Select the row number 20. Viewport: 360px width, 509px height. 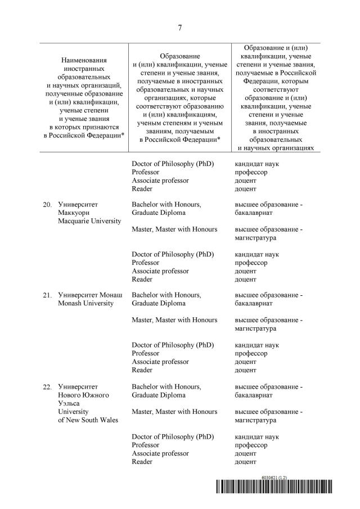click(47, 205)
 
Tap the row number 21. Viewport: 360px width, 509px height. click(47, 295)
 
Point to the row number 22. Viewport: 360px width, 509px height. click(47, 387)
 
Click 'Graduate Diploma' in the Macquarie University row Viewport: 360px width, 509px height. click(159, 213)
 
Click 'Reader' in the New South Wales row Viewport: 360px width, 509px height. click(142, 462)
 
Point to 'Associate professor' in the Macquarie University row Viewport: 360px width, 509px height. click(160, 271)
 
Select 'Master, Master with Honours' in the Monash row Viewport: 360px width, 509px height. click(174, 320)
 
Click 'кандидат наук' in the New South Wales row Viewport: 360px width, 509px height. click(257, 437)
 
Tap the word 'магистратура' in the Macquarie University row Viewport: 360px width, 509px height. click(255, 238)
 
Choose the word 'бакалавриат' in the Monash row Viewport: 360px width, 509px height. click(254, 304)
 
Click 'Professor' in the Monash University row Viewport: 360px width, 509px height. click(146, 354)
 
